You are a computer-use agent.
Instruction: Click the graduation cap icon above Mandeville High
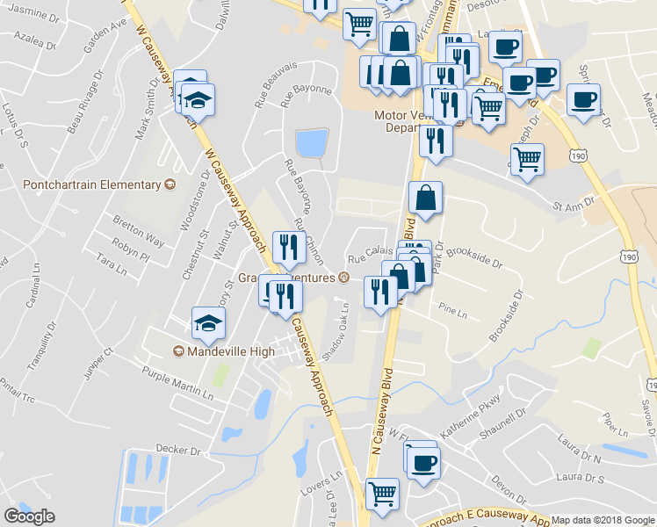pyautogui.click(x=209, y=323)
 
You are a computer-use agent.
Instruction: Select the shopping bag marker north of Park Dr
pyautogui.click(x=425, y=199)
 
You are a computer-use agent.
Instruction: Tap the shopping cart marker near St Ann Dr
pyautogui.click(x=527, y=160)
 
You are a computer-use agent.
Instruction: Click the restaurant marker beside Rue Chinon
pyautogui.click(x=288, y=248)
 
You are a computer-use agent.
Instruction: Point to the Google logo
pyautogui.click(x=30, y=516)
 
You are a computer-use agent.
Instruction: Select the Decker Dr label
pyautogui.click(x=178, y=450)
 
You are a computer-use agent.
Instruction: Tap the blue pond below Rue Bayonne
pyautogui.click(x=312, y=142)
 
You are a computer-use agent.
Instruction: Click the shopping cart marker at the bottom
pyautogui.click(x=382, y=494)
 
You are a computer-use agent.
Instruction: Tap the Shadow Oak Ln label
pyautogui.click(x=336, y=332)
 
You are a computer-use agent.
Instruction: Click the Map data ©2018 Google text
pyautogui.click(x=602, y=520)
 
